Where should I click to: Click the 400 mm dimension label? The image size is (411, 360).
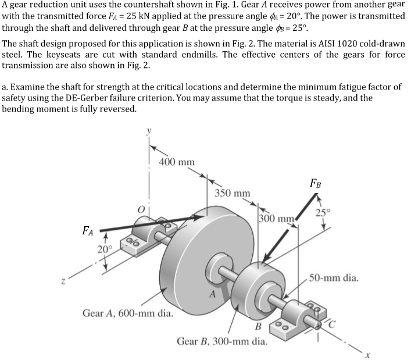pos(177,162)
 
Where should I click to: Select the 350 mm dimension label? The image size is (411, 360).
pos(233,193)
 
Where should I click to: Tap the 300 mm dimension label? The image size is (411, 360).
pos(276,219)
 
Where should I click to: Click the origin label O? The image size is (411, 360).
pos(138,206)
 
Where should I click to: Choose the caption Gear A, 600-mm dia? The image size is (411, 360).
pos(127,313)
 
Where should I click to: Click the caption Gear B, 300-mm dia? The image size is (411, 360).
pos(222,340)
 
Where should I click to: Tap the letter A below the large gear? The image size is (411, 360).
pos(213,294)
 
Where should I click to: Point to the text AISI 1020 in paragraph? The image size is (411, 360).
pos(307,44)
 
